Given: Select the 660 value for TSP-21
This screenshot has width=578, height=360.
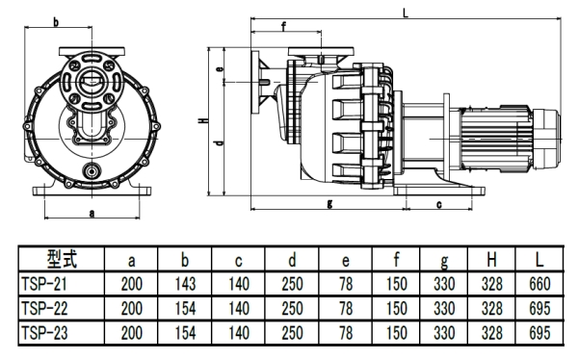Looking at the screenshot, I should [541, 285].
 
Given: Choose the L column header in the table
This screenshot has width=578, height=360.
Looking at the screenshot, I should [541, 261].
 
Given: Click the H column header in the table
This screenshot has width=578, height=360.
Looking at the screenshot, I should [492, 261].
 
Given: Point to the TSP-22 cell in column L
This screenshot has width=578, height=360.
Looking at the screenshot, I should [541, 308].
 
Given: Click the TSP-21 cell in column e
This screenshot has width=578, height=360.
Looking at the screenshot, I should [345, 285].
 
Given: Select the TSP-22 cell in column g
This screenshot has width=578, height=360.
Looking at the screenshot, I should [443, 308].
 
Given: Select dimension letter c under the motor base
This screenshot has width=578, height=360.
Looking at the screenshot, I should [438, 204].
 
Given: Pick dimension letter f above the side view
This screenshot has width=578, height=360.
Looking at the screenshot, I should [283, 26].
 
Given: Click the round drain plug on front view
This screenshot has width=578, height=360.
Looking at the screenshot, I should [92, 170].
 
